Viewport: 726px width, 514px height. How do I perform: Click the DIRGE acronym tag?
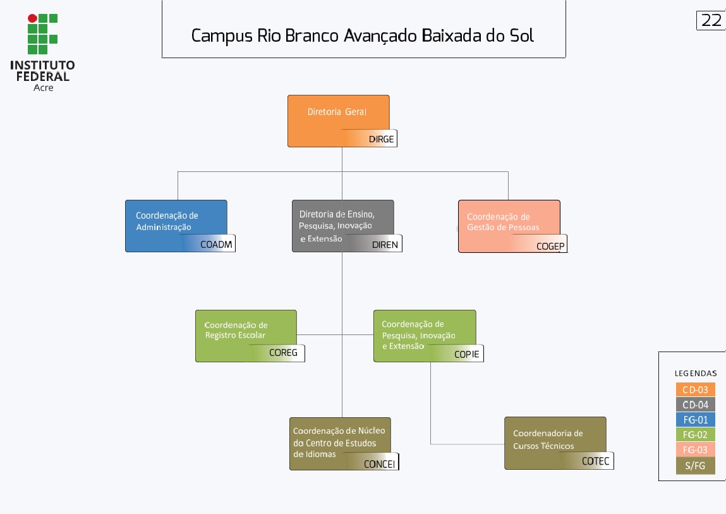click(381, 139)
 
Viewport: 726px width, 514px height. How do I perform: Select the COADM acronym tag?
click(216, 245)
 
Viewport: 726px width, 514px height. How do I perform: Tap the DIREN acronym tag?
click(385, 245)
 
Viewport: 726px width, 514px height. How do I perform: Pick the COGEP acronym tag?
click(550, 246)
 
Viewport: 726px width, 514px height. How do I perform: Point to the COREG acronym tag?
click(283, 353)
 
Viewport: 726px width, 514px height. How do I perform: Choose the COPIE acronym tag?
click(467, 354)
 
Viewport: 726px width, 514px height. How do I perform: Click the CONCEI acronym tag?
click(379, 463)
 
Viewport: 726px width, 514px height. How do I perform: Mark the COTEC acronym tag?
click(596, 462)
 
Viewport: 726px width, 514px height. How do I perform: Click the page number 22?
click(711, 20)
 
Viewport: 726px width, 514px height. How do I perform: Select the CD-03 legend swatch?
click(695, 389)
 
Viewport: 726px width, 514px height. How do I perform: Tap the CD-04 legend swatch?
click(695, 405)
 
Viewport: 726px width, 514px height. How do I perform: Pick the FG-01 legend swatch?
click(695, 420)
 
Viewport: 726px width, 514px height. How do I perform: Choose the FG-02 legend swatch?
click(695, 435)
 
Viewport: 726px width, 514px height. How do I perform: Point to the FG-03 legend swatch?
click(695, 450)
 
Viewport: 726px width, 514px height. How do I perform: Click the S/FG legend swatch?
click(695, 466)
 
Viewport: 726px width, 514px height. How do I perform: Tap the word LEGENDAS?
click(696, 374)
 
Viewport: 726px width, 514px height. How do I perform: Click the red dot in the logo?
click(32, 18)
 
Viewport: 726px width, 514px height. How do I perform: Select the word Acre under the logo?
click(43, 88)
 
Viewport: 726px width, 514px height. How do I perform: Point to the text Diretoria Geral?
click(337, 112)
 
